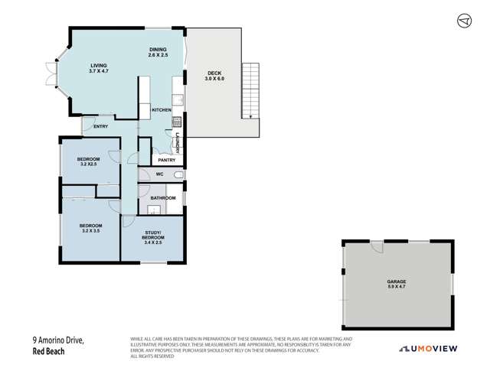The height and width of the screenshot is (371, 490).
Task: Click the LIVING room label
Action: (99, 67)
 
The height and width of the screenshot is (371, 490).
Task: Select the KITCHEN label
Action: (161, 110)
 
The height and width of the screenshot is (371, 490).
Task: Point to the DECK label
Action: (214, 73)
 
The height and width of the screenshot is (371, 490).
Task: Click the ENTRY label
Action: (101, 126)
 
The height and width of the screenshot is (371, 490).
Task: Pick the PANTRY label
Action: (167, 160)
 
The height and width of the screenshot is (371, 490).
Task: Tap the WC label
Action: (160, 174)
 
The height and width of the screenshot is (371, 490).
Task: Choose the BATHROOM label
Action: (162, 197)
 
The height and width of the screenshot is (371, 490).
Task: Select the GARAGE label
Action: (396, 282)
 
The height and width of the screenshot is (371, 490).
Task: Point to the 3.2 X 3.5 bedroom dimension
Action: (90, 230)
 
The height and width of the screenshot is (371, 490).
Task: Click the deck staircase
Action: (251, 90)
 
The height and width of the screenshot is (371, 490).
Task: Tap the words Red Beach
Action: (47, 353)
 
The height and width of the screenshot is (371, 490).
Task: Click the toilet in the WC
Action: (178, 175)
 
